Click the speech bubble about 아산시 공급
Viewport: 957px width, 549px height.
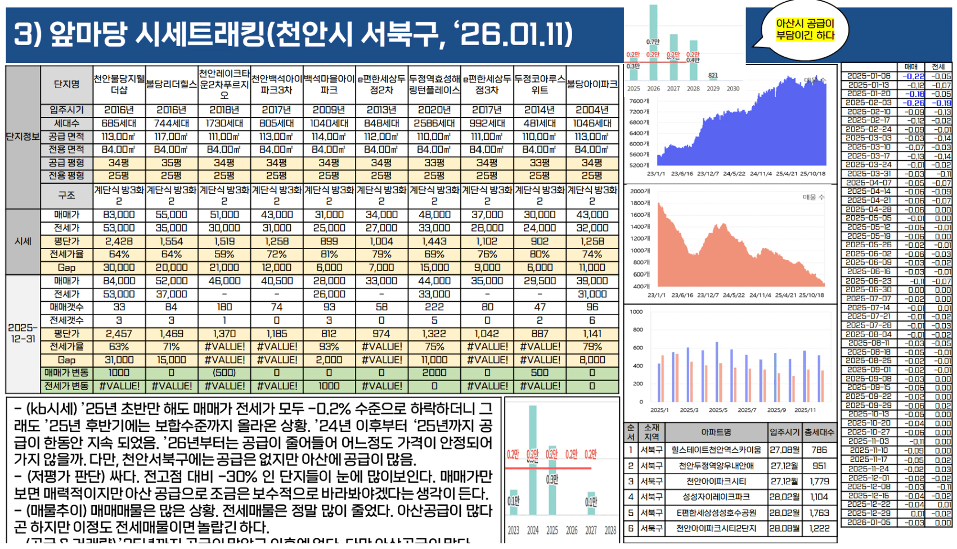pyautogui.click(x=805, y=30)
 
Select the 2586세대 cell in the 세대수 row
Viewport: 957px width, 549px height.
pyautogui.click(x=434, y=123)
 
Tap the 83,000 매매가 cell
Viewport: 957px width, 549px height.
pyautogui.click(x=119, y=215)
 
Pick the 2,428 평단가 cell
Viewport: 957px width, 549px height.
pyautogui.click(x=119, y=241)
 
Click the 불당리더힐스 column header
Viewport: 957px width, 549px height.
pyautogui.click(x=172, y=84)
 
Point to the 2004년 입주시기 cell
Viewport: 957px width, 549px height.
pyautogui.click(x=592, y=110)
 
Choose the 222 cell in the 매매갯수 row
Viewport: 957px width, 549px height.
pyautogui.click(x=434, y=307)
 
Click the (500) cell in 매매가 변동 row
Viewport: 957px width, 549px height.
pyautogui.click(x=224, y=373)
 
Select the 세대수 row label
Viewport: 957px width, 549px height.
pyautogui.click(x=66, y=123)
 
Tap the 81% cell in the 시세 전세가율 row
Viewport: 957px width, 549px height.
pyautogui.click(x=329, y=254)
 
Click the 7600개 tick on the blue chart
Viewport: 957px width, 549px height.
pyautogui.click(x=639, y=101)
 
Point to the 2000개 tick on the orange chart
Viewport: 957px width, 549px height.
pyautogui.click(x=640, y=191)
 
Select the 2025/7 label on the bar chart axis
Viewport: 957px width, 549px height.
pyautogui.click(x=747, y=410)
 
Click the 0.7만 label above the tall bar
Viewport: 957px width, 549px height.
pyautogui.click(x=653, y=42)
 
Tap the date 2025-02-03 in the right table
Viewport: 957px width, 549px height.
pyautogui.click(x=869, y=103)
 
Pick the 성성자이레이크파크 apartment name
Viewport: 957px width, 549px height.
pyautogui.click(x=716, y=497)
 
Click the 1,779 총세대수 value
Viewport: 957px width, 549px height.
pyautogui.click(x=819, y=481)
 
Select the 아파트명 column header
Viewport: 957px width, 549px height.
pyautogui.click(x=716, y=432)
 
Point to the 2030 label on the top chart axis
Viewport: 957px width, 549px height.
pyautogui.click(x=733, y=89)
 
